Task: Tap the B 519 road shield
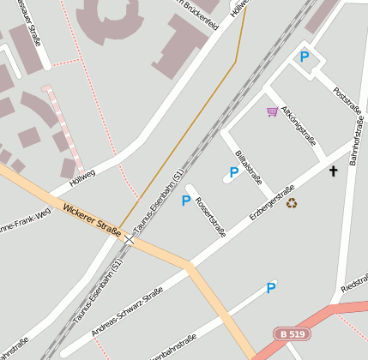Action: pyautogui.click(x=292, y=333)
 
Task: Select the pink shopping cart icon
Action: pyautogui.click(x=272, y=111)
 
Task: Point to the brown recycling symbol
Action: pyautogui.click(x=292, y=203)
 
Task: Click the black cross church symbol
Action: pyautogui.click(x=333, y=171)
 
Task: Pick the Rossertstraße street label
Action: pyautogui.click(x=211, y=211)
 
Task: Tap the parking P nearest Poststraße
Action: pyautogui.click(x=304, y=57)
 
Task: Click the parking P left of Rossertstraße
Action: pyautogui.click(x=185, y=201)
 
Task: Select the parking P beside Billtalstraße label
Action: pyautogui.click(x=233, y=172)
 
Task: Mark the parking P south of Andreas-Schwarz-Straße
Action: pyautogui.click(x=271, y=288)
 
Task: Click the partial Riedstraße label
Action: pyautogui.click(x=353, y=285)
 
